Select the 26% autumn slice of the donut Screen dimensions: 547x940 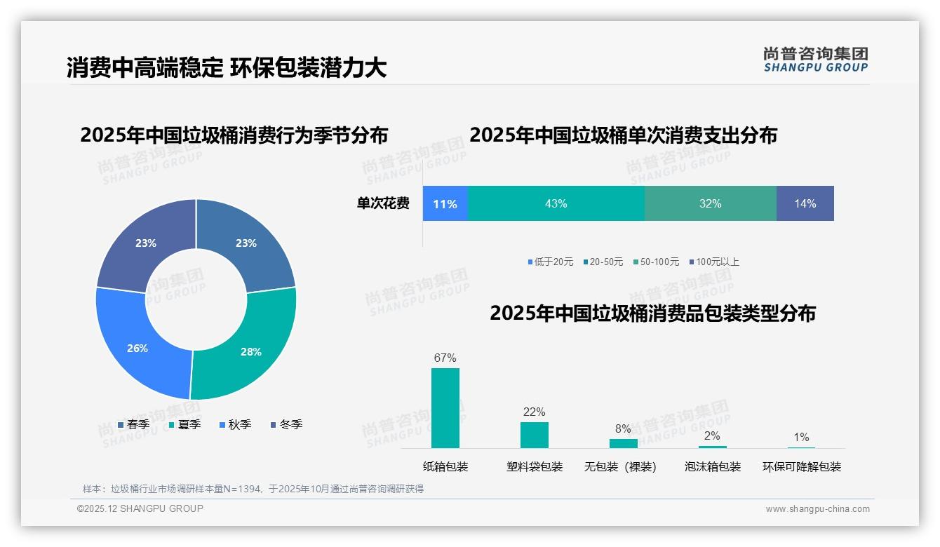140,344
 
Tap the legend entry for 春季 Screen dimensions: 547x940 133,424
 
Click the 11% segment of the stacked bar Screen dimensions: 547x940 445,203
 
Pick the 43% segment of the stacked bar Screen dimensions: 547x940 556,203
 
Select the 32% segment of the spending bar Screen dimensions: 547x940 710,203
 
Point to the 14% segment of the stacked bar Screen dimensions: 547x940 805,203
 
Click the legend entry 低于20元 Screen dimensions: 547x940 551,262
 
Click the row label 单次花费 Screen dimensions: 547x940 383,203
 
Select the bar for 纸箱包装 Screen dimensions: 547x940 445,408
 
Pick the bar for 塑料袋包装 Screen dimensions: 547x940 535,435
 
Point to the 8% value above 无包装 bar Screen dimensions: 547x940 623,428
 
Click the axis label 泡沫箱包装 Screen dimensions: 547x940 713,466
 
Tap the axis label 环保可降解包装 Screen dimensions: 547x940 802,466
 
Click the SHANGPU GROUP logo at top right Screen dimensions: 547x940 815,60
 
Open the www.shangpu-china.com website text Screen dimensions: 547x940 817,508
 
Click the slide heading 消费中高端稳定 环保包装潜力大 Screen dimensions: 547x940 227,67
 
